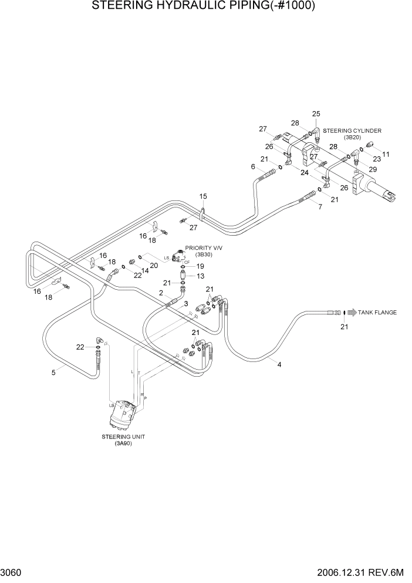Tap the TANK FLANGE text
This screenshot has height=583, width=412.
[377, 312]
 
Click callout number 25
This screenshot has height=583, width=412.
[316, 113]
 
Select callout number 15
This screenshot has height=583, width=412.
[204, 196]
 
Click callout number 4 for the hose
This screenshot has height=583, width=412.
[279, 364]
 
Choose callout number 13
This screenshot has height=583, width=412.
[200, 276]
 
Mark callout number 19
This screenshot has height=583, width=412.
[200, 266]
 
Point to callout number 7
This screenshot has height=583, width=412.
[320, 207]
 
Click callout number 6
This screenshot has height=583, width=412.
[253, 167]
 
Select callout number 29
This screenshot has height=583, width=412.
[372, 169]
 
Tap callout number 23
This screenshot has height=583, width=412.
[377, 159]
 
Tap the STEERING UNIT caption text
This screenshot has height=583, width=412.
[123, 437]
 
